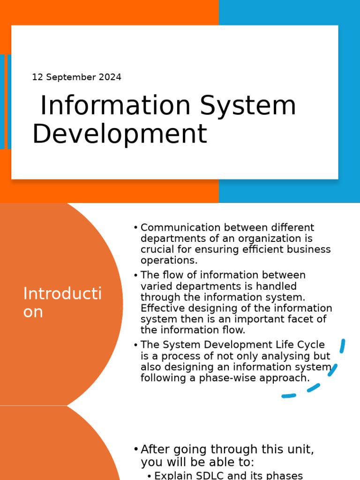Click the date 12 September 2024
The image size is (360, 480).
point(76,77)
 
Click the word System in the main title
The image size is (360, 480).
point(248,105)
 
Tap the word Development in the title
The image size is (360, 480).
point(119,134)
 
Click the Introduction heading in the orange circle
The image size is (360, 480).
point(62,303)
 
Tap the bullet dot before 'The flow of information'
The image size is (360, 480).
point(135,275)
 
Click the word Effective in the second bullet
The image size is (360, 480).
point(160,308)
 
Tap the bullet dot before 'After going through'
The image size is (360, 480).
point(135,449)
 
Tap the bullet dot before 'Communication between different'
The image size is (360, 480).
point(135,228)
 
